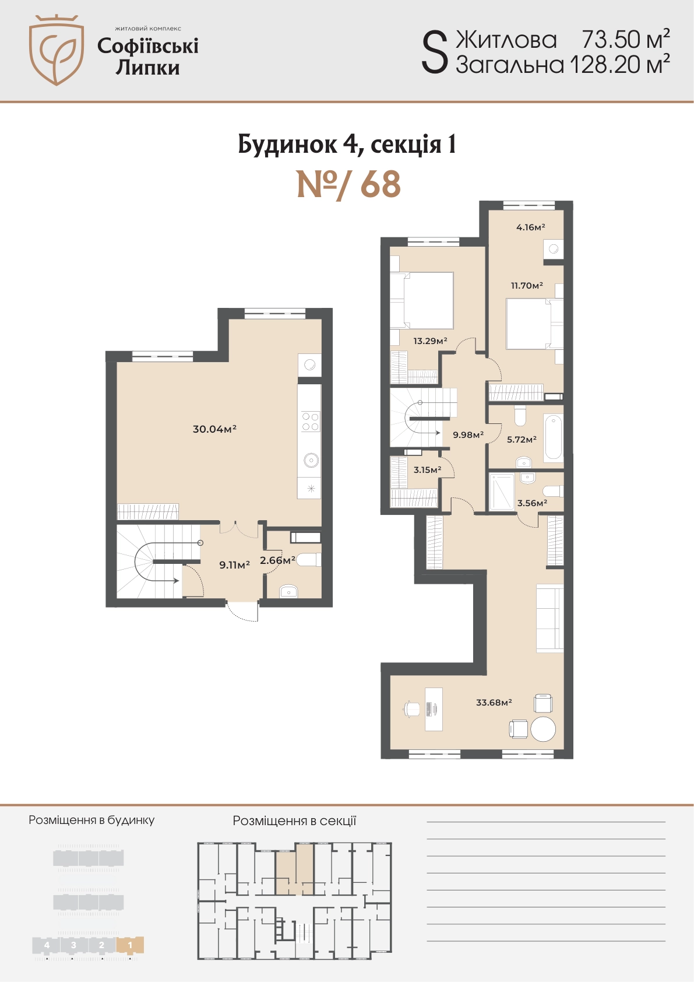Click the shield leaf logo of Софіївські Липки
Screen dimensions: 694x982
click(56, 50)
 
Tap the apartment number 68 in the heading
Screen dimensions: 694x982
click(381, 185)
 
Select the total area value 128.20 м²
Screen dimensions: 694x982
click(619, 64)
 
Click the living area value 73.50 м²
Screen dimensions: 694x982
click(626, 39)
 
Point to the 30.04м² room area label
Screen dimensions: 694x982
click(214, 429)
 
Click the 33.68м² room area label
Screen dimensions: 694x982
click(494, 702)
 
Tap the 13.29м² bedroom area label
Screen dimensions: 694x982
click(430, 341)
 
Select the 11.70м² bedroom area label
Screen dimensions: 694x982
click(527, 285)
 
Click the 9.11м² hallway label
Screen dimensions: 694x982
click(234, 564)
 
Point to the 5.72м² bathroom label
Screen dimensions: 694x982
click(522, 439)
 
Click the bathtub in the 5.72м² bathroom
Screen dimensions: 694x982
click(554, 437)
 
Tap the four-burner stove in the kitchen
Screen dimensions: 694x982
click(310, 422)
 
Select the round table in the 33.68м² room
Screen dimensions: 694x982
click(543, 729)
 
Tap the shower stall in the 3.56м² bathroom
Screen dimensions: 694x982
click(502, 492)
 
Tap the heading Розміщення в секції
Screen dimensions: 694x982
click(294, 820)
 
